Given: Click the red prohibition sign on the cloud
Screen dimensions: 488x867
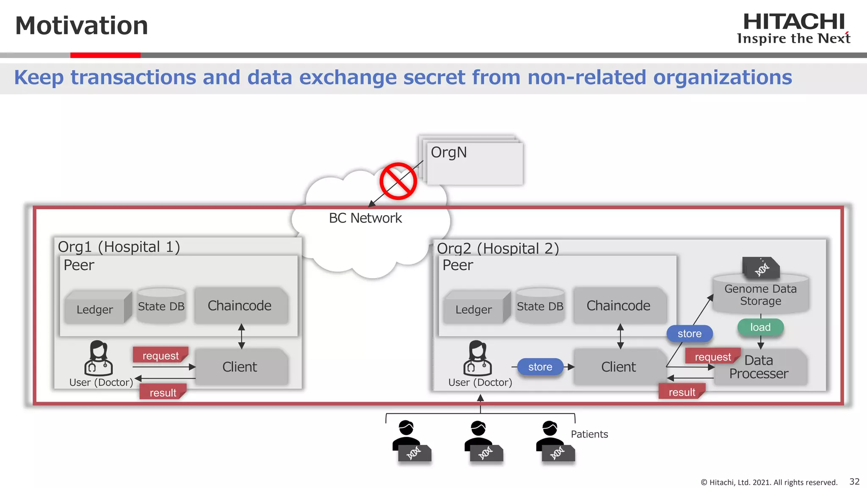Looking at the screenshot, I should [398, 181].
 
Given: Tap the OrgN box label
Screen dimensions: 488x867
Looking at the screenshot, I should [449, 152].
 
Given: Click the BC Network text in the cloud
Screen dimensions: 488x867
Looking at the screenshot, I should [365, 218].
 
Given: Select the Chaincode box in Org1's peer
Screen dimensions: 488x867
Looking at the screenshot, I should [240, 305].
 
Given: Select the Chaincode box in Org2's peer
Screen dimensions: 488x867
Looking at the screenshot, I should [618, 305].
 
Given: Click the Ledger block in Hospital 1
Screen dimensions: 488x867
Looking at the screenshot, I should [95, 309].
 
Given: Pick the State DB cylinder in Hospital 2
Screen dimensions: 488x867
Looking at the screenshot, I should [540, 306].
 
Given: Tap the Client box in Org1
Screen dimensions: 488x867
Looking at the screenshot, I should [240, 367].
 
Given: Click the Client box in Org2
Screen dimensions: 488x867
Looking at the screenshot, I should [618, 367].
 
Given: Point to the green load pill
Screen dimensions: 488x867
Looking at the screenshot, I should [760, 327].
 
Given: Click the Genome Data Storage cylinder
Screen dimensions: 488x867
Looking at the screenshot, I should [761, 295].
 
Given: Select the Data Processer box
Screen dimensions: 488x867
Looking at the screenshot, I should [759, 367].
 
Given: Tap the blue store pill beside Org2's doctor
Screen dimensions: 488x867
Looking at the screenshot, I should [540, 367].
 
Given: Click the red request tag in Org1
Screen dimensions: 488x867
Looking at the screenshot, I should [160, 355].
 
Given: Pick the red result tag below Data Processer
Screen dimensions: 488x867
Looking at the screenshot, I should [682, 392].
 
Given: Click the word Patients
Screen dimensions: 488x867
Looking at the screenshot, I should [589, 434].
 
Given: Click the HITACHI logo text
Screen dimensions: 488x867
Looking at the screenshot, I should [794, 22].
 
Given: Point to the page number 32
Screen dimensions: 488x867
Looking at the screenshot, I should [854, 482].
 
